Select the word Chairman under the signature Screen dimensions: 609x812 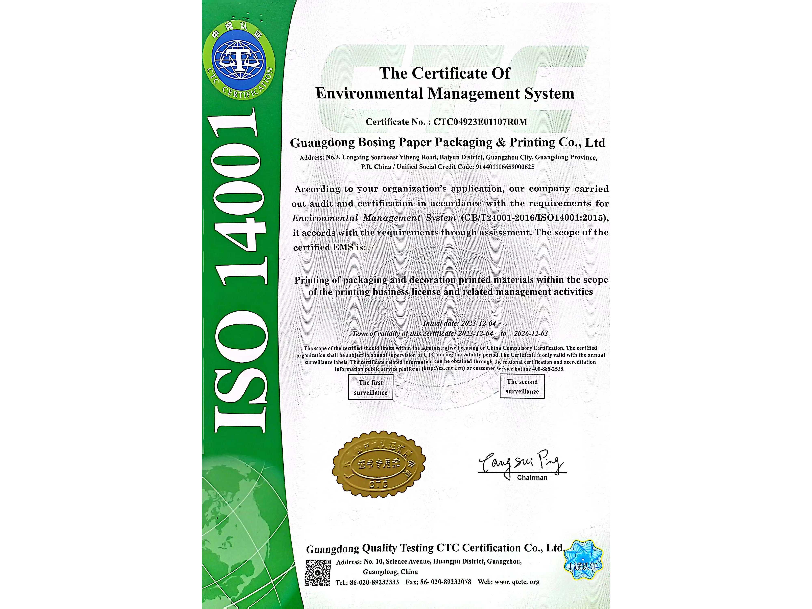coord(532,478)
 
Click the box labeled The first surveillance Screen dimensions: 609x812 coord(370,387)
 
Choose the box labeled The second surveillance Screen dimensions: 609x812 coord(522,387)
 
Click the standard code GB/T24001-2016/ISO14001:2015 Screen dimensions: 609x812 coord(534,218)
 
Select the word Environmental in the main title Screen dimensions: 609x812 coord(370,94)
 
